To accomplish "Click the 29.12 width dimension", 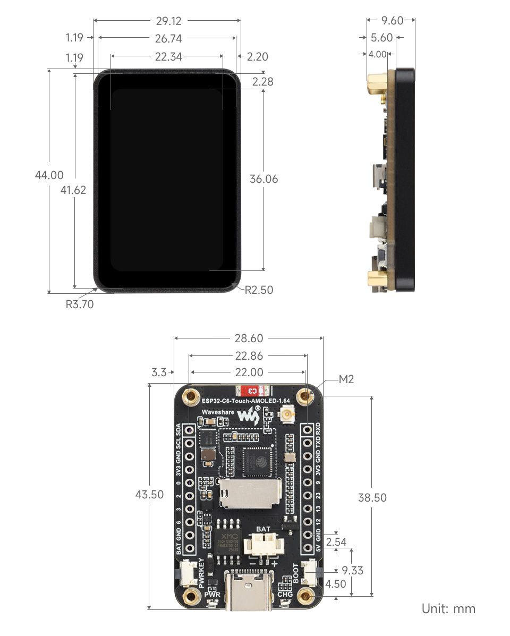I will (168, 21).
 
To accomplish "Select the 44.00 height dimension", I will (49, 175).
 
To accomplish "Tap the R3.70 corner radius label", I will (79, 304).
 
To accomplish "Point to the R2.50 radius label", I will (259, 290).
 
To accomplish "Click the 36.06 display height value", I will (263, 179).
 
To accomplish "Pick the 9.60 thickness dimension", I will (393, 21).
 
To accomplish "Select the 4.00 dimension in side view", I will (378, 54).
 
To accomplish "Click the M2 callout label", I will (346, 379).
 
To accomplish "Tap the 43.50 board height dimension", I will (149, 494).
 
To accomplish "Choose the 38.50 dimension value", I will (372, 498).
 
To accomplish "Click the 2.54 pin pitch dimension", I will (337, 542).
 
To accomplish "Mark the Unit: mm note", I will (448, 608).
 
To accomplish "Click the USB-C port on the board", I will (248, 590).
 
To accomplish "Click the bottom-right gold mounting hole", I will (305, 596).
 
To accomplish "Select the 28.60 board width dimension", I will (249, 338).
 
